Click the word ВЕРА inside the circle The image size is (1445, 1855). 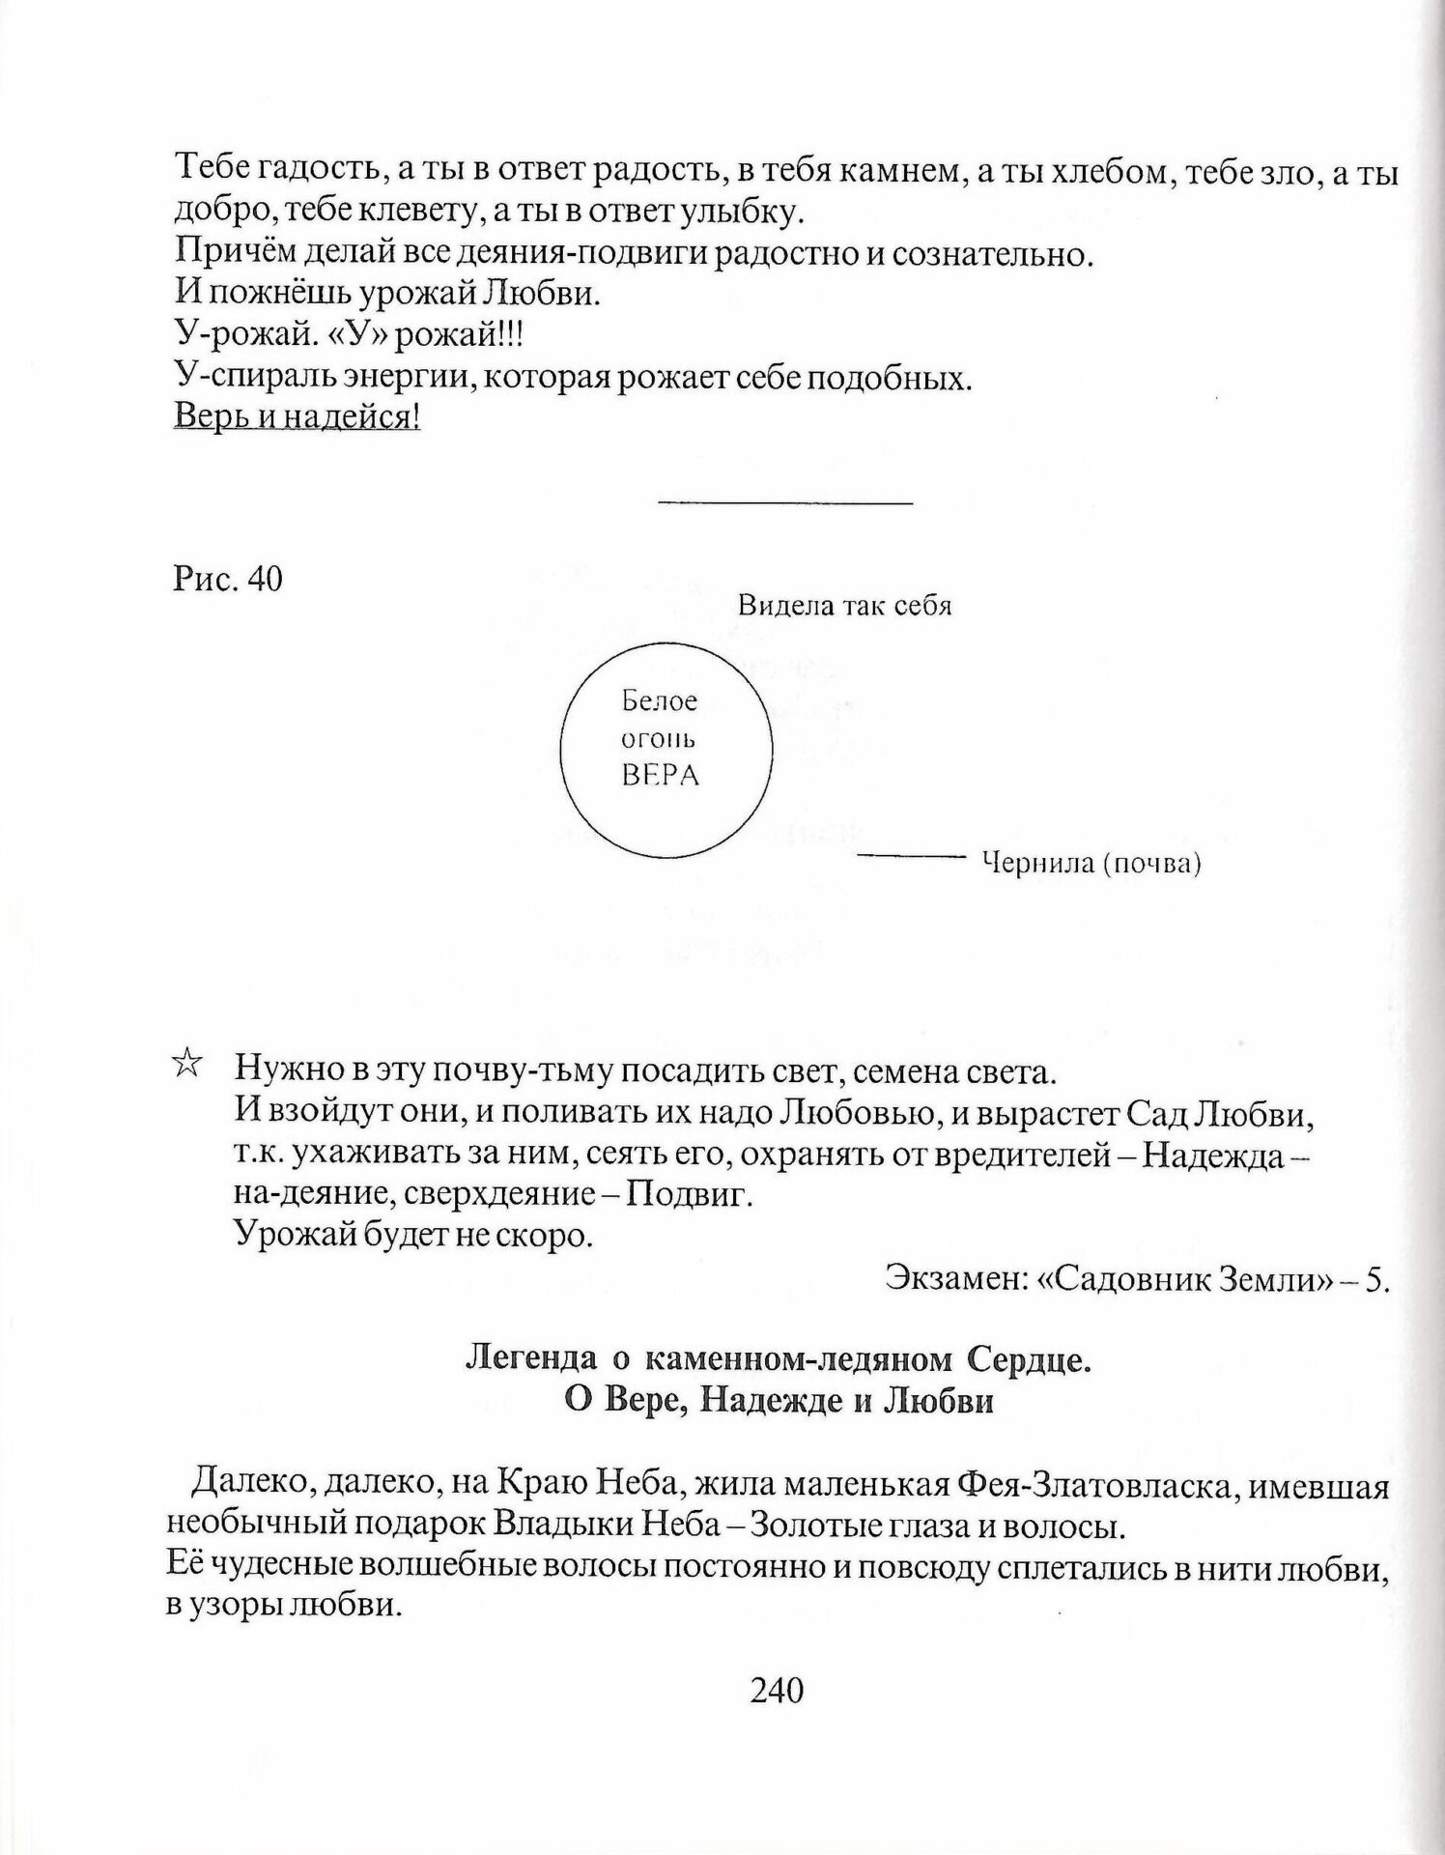660,775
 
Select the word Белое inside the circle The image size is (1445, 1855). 660,701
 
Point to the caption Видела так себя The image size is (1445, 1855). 844,606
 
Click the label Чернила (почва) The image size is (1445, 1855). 1091,863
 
